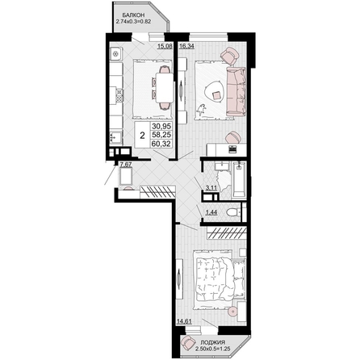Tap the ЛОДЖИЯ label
click(x=213, y=342)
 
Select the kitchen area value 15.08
click(x=165, y=46)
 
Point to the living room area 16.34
click(x=186, y=46)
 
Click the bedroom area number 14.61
click(x=184, y=320)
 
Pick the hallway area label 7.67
click(x=126, y=165)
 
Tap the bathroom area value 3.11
click(x=211, y=188)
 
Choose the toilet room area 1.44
click(x=211, y=212)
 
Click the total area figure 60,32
click(x=161, y=144)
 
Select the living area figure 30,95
click(x=161, y=126)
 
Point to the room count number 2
click(x=143, y=136)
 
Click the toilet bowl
click(x=232, y=213)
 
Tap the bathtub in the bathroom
click(x=239, y=180)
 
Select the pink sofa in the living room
click(x=236, y=91)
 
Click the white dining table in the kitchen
click(x=165, y=87)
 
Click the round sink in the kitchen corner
click(x=115, y=54)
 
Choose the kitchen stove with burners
click(x=119, y=97)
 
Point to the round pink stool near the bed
click(x=232, y=312)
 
